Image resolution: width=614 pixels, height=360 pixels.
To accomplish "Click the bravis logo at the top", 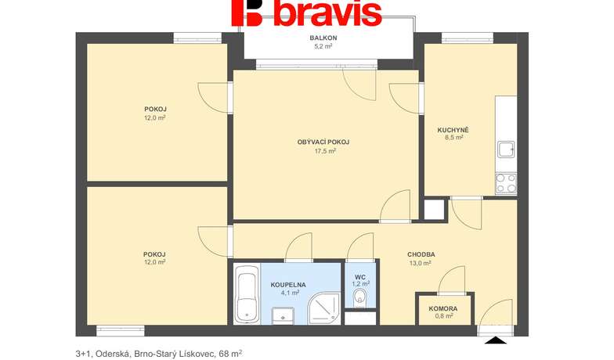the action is [307, 13].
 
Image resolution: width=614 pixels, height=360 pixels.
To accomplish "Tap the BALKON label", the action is [323, 38].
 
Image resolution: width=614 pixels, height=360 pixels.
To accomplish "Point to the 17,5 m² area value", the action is [325, 150].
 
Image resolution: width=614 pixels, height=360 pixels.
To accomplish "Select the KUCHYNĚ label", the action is [453, 130].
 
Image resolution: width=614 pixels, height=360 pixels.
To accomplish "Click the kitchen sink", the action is [506, 149].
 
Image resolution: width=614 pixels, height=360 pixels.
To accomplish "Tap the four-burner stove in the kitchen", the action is [506, 183].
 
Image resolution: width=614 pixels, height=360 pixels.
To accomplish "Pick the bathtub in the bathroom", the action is [247, 293].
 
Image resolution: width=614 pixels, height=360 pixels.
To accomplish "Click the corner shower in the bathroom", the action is [324, 308].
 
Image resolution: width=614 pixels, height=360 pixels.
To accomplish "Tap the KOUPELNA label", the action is [288, 285].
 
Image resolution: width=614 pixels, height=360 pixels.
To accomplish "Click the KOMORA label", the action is [443, 308].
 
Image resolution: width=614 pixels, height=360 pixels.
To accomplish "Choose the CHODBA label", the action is [421, 254].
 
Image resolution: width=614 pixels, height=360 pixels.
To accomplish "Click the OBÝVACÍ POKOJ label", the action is [323, 142].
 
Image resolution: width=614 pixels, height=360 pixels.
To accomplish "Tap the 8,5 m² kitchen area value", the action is [454, 138].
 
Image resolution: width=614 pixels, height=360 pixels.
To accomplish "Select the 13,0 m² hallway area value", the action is [420, 263].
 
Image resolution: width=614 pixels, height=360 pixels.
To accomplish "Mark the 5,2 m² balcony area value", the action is [323, 46].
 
